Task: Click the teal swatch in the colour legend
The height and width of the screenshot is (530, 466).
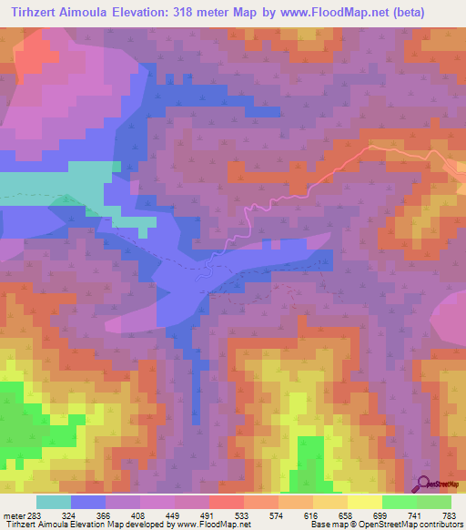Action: (x=53, y=502)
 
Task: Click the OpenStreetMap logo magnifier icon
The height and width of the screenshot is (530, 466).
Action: (x=424, y=483)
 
